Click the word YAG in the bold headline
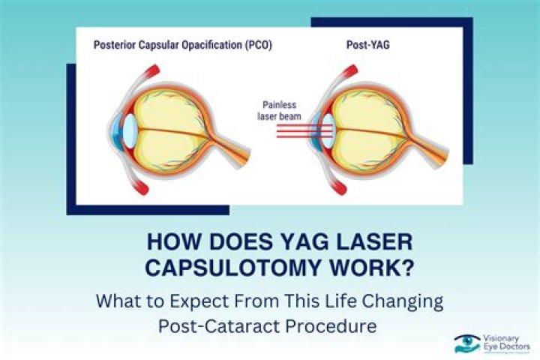pos(275,244)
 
